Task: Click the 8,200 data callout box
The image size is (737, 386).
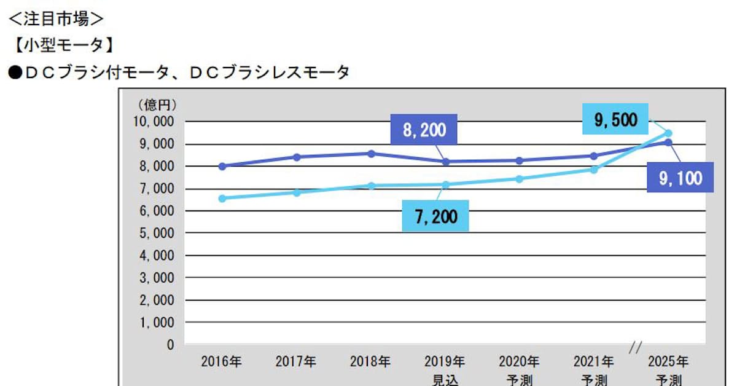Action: [x=424, y=130]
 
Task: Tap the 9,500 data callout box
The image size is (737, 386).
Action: [x=615, y=119]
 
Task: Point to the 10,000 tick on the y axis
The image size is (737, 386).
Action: [x=154, y=122]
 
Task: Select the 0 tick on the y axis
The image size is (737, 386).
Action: [x=170, y=344]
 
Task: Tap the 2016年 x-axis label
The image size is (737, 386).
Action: [x=221, y=361]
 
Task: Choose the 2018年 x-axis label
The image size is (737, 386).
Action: [x=370, y=361]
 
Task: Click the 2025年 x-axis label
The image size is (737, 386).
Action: [x=668, y=361]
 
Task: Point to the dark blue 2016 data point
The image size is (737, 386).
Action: [x=222, y=166]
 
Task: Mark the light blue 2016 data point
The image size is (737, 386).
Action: [x=222, y=198]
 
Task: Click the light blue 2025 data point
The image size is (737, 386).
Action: [x=668, y=133]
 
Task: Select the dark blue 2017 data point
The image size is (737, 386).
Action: [x=296, y=157]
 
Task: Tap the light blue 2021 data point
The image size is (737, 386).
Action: [x=594, y=169]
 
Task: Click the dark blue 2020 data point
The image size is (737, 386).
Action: [x=520, y=160]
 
